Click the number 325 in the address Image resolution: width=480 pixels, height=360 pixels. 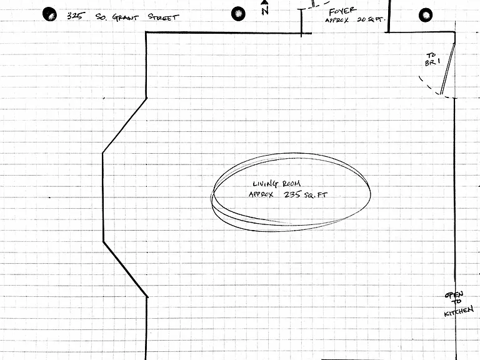(x=75, y=16)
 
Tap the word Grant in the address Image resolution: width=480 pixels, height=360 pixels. (x=125, y=17)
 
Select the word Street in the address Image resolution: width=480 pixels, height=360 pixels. (x=163, y=17)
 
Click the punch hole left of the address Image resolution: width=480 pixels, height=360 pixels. (x=49, y=14)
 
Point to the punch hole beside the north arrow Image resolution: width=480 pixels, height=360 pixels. (x=238, y=14)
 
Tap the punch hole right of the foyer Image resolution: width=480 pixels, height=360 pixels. (x=426, y=15)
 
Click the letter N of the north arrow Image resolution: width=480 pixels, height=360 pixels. (x=265, y=11)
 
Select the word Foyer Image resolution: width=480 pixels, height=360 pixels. (x=342, y=11)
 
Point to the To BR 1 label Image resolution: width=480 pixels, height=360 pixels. (x=432, y=59)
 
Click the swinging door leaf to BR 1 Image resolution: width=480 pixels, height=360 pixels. (x=447, y=69)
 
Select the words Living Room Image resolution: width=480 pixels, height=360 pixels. (x=277, y=184)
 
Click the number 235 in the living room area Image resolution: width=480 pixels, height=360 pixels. (x=292, y=194)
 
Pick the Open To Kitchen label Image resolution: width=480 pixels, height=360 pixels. (x=458, y=304)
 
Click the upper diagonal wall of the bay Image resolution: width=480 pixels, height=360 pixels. (x=124, y=126)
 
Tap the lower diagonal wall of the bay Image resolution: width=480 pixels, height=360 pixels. (x=125, y=269)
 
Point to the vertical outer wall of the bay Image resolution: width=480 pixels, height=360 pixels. (x=103, y=197)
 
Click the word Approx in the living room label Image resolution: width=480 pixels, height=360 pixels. (x=261, y=195)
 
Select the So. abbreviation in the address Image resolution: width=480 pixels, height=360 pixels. (x=101, y=16)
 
